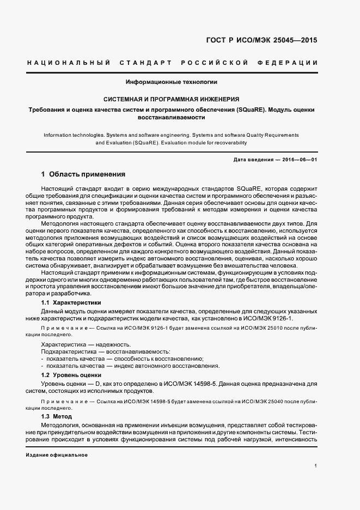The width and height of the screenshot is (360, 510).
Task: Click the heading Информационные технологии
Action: [172, 82]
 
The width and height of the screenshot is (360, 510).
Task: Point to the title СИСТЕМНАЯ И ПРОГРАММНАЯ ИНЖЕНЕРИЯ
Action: [172, 100]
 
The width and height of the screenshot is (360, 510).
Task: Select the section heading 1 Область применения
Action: [83, 175]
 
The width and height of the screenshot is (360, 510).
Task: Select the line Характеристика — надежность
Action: [86, 344]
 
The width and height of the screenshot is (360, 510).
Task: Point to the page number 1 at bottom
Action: [315, 466]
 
